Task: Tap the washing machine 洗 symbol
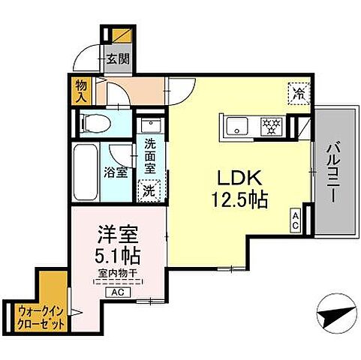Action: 149,190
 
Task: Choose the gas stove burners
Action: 270,124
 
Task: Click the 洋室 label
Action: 111,233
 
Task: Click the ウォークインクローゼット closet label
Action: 36,316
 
